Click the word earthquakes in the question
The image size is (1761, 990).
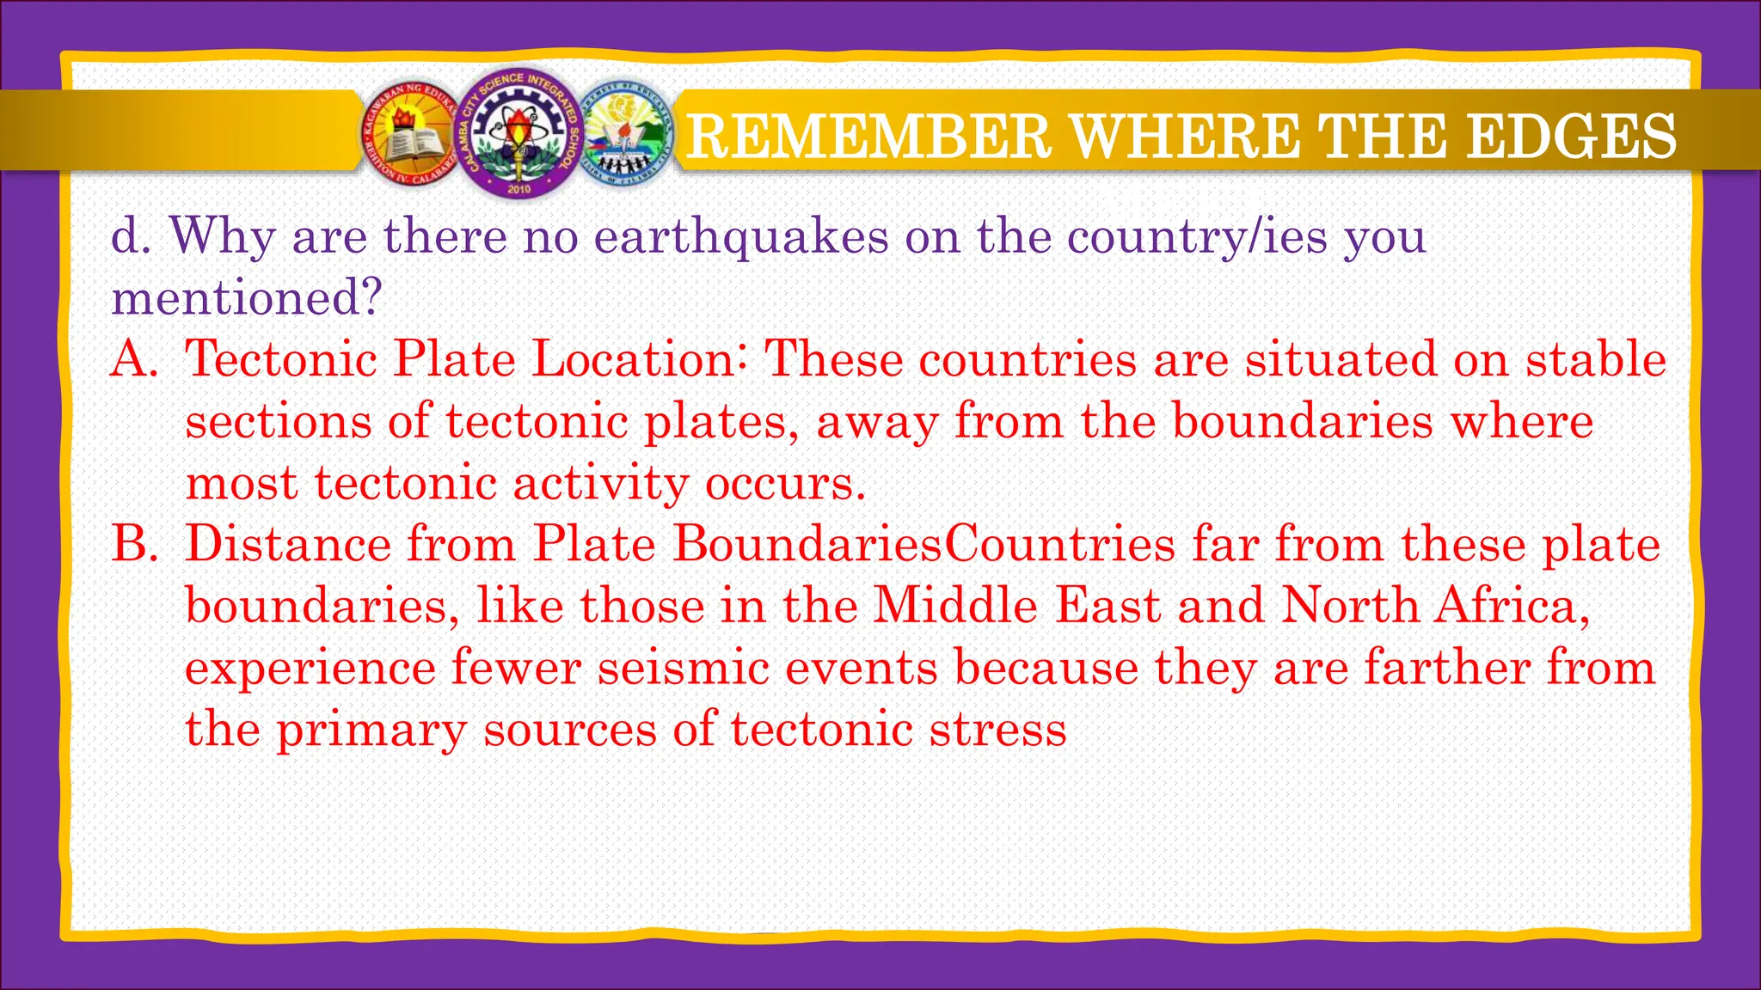pyautogui.click(x=741, y=236)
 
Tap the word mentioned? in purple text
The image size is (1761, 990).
pyautogui.click(x=246, y=298)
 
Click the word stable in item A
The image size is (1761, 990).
pyautogui.click(x=1596, y=359)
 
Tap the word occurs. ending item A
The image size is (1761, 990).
pyautogui.click(x=785, y=483)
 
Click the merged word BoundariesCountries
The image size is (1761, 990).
pyautogui.click(x=923, y=545)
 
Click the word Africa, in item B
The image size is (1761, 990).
pyautogui.click(x=1510, y=607)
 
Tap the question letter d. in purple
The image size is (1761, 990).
pyautogui.click(x=131, y=236)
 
